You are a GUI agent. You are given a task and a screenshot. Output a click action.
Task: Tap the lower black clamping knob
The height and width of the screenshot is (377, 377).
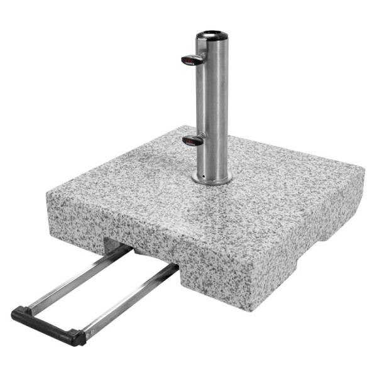(x=193, y=140)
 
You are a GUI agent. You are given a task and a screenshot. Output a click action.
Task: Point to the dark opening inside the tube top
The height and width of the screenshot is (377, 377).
(x=212, y=33)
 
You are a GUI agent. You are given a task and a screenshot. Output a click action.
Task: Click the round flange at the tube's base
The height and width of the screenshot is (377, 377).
(x=212, y=180)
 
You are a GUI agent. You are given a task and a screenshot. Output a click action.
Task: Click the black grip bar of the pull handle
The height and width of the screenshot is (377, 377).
(x=48, y=324)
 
